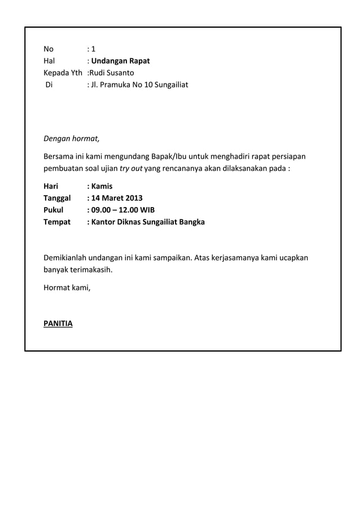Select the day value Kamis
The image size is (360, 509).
[102, 185]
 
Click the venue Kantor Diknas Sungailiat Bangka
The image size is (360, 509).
[148, 222]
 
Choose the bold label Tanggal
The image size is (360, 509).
[58, 198]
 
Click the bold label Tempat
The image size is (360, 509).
[58, 222]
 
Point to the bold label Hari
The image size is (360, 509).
[51, 185]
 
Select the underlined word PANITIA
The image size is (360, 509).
[58, 324]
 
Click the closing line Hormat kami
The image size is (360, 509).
[67, 288]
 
